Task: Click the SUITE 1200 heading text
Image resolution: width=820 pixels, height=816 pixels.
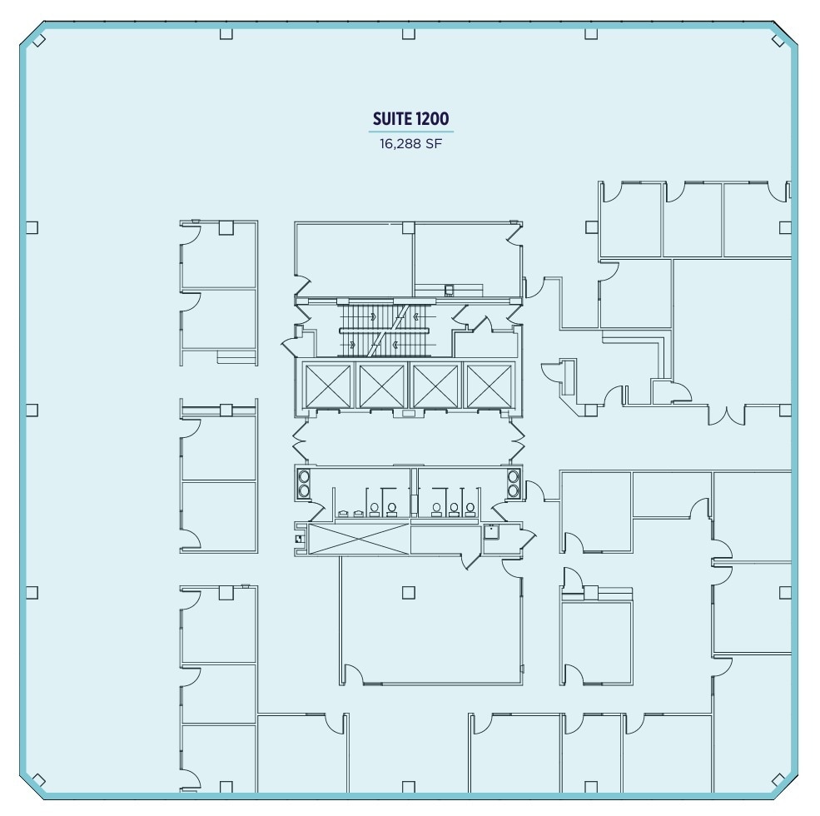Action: [x=410, y=120]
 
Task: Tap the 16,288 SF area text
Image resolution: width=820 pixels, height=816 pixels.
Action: [x=410, y=142]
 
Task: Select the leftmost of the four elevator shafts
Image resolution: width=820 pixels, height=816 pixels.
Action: [x=328, y=386]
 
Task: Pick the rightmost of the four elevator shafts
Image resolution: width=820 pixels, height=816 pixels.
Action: [x=489, y=386]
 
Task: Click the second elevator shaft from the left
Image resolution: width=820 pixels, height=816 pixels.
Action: [x=381, y=386]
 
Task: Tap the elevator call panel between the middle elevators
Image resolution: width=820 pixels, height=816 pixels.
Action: [x=409, y=413]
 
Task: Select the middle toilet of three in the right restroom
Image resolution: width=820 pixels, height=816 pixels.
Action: [x=454, y=509]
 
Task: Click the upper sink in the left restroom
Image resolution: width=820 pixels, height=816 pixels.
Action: [x=304, y=476]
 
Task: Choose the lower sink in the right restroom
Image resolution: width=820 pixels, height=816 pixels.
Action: [x=513, y=490]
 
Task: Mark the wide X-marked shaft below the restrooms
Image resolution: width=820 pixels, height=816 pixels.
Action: [x=358, y=539]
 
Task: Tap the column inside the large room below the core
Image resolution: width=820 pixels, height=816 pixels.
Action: [x=408, y=593]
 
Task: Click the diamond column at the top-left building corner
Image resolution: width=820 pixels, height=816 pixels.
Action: [x=38, y=39]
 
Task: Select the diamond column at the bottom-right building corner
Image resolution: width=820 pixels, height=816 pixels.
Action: [x=779, y=780]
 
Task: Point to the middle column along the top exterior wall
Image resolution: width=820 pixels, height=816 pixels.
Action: [x=408, y=34]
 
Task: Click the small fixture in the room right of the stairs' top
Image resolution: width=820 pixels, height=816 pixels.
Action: [x=450, y=291]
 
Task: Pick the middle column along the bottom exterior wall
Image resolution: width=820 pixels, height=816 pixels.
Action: [x=408, y=787]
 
